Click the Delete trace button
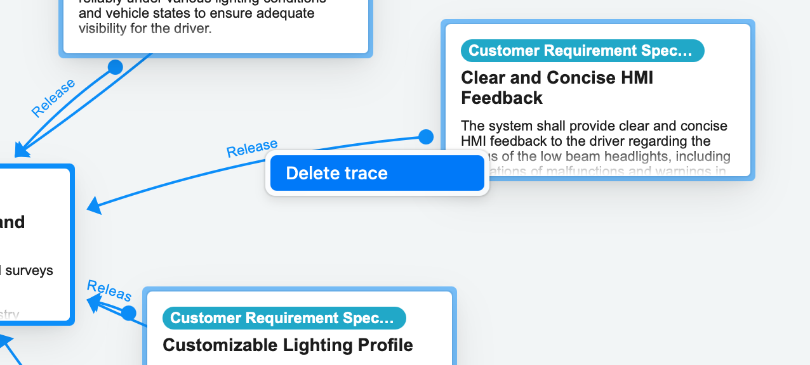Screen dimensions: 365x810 coord(377,173)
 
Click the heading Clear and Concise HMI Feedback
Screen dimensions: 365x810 coord(557,87)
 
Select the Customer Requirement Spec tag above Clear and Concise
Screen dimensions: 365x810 coord(582,51)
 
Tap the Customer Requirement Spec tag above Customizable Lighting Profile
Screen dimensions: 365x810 coord(284,318)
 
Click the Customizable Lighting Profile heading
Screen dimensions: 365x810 coord(288,345)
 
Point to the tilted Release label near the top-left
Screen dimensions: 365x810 coord(53,98)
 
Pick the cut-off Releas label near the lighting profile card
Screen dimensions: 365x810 coord(109,290)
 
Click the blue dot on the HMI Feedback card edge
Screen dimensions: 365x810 coord(426,136)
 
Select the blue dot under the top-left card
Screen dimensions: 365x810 coord(115,67)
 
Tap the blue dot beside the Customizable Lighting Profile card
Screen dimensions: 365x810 coord(129,312)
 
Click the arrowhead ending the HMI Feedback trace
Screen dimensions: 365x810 coord(95,205)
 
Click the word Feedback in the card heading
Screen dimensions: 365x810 coord(501,98)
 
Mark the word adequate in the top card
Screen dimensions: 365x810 coord(279,13)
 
